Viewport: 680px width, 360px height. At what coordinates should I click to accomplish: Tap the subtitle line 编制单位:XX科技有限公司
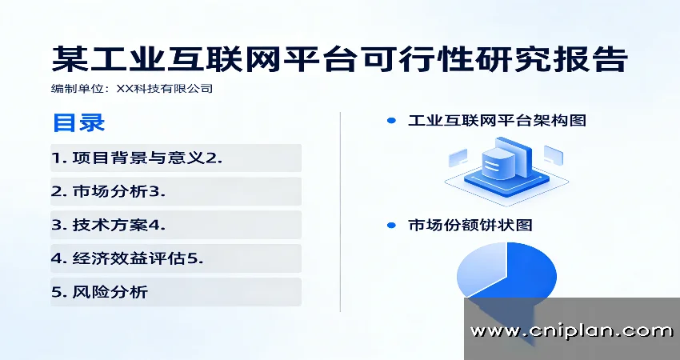(x=132, y=89)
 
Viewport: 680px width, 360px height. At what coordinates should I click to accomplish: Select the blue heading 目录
(x=78, y=122)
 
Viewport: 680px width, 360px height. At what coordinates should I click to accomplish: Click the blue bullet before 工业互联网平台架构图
(x=391, y=121)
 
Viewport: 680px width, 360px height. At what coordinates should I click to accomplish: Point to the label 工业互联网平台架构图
(x=497, y=121)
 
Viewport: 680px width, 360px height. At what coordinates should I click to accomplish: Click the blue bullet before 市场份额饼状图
(x=391, y=225)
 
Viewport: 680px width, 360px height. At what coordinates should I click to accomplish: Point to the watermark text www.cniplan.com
(x=571, y=330)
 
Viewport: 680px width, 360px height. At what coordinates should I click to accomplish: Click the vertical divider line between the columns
(x=341, y=212)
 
